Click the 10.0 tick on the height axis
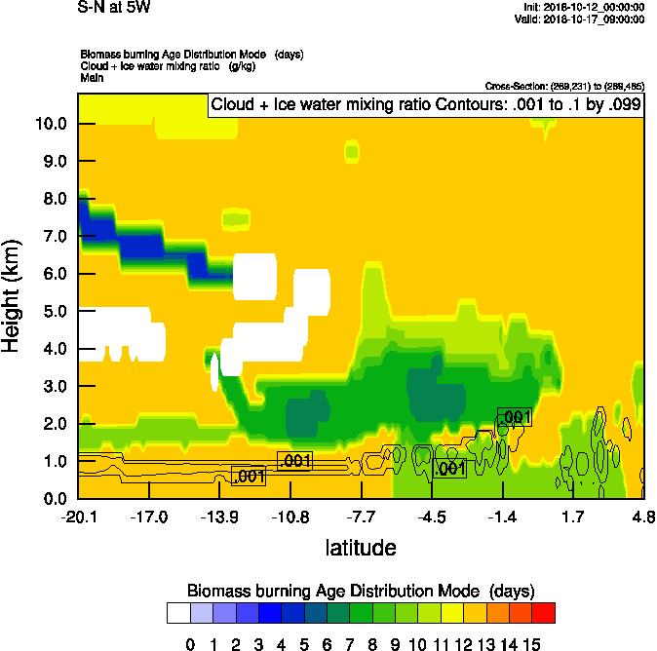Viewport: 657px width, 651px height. pos(50,124)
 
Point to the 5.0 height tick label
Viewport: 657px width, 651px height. pos(50,311)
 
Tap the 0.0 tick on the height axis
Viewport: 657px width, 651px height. pos(50,499)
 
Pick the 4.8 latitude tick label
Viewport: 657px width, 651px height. pos(643,516)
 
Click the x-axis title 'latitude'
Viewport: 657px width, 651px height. pos(361,548)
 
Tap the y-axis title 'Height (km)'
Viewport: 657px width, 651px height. pos(13,295)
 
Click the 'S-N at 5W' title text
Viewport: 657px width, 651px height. pos(114,8)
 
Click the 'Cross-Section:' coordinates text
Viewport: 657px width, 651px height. pos(564,86)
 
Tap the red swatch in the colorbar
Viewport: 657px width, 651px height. pos(543,613)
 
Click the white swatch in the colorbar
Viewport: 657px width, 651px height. pos(177,613)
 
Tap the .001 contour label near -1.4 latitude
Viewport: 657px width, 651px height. pos(514,417)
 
